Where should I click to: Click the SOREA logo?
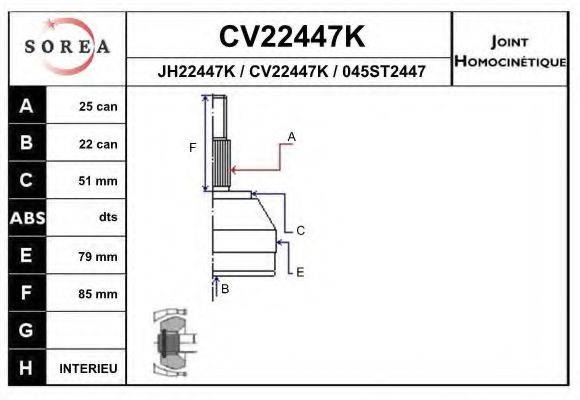tap(67, 47)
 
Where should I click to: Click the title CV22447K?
tap(290, 37)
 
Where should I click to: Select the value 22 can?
tap(98, 144)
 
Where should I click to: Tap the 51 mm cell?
tap(98, 181)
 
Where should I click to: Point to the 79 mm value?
tap(98, 257)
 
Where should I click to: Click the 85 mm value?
tap(98, 294)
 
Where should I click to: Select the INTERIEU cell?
tap(88, 369)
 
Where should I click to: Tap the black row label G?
tap(26, 331)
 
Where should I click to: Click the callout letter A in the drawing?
tap(291, 135)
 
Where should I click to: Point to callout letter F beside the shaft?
tap(193, 148)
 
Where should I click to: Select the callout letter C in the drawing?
tap(300, 230)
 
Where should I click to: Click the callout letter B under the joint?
tap(225, 289)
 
